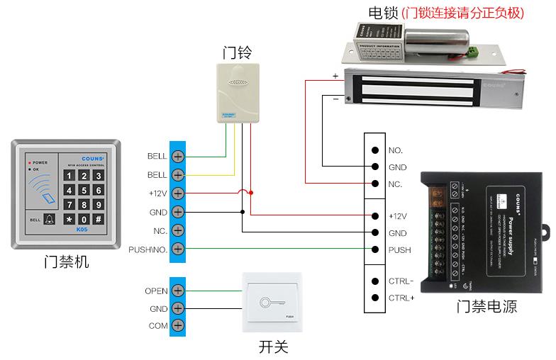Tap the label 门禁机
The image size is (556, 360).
pyautogui.click(x=67, y=262)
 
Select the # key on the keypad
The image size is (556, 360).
pyautogui.click(x=99, y=219)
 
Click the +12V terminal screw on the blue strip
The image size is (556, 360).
pyautogui.click(x=177, y=193)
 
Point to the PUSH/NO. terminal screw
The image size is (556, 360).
pyautogui.click(x=177, y=249)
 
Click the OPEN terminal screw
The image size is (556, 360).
pyautogui.click(x=177, y=291)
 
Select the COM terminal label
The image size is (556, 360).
pyautogui.click(x=157, y=327)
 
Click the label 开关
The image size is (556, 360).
pyautogui.click(x=273, y=347)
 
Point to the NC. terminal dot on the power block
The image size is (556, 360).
pyautogui.click(x=374, y=184)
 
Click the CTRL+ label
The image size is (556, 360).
pyautogui.click(x=401, y=298)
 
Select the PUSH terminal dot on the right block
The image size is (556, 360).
pyautogui.click(x=374, y=249)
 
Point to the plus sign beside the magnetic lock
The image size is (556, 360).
pyautogui.click(x=335, y=76)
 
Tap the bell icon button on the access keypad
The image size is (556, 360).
pyautogui.click(x=48, y=219)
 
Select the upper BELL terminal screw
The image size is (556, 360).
pyautogui.click(x=177, y=156)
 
